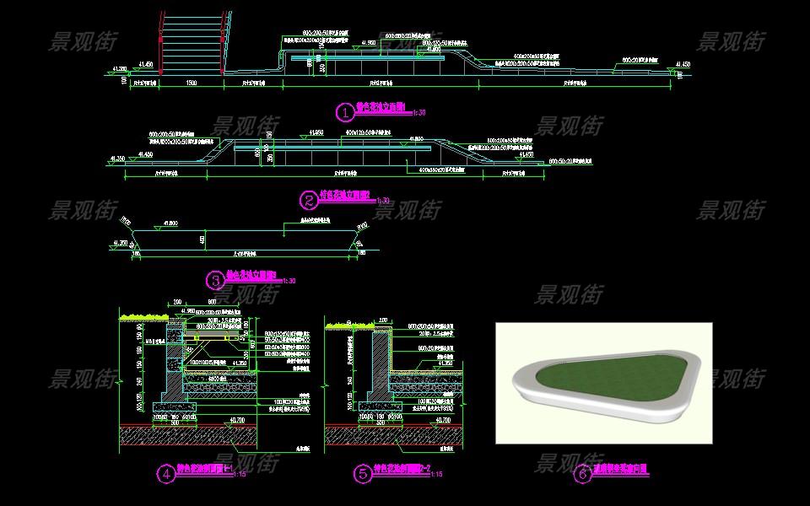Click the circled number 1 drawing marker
point(343,111)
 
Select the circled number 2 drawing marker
point(309,199)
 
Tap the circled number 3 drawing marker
point(216,279)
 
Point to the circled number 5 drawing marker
point(362,474)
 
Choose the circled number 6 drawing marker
point(582,474)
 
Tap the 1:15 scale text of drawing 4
point(241,476)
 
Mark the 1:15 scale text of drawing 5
point(436,476)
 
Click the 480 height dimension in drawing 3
point(202,240)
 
